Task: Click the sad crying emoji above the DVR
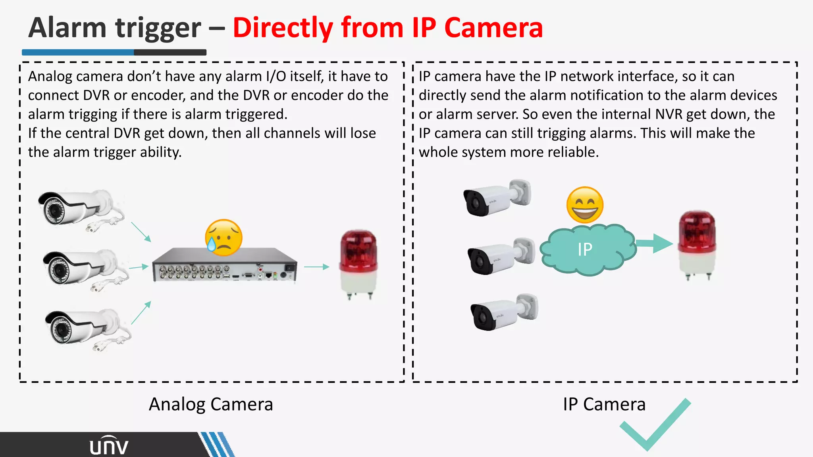(223, 237)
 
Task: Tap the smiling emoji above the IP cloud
(585, 205)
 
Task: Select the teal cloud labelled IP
(587, 250)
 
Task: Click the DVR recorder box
(225, 265)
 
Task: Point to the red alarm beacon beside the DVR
(358, 263)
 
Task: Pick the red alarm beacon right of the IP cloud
(697, 244)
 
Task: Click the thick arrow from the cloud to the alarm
(654, 243)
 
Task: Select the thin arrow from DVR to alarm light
(317, 267)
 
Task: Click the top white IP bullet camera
(496, 197)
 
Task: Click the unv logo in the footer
(109, 446)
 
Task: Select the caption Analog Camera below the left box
(211, 404)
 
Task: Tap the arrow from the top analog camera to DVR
(141, 232)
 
